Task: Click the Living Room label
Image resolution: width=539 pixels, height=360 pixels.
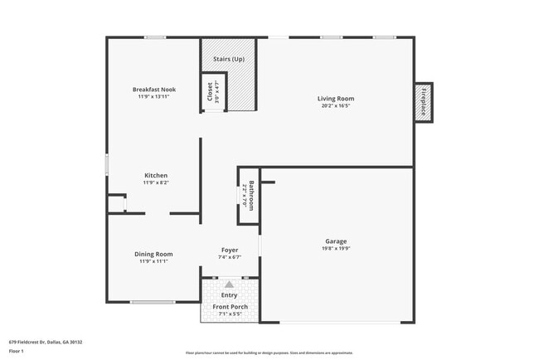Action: pyautogui.click(x=335, y=99)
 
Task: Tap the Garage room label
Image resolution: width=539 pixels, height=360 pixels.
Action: pyautogui.click(x=335, y=241)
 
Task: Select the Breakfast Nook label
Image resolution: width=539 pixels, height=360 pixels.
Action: pyautogui.click(x=154, y=90)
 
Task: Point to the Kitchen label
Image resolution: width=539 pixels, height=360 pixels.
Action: pyautogui.click(x=156, y=175)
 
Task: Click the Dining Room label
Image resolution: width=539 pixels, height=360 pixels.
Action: pyautogui.click(x=153, y=254)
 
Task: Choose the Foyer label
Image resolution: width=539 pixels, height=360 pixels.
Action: pyautogui.click(x=230, y=250)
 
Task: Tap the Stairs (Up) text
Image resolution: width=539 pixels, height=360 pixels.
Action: pyautogui.click(x=229, y=60)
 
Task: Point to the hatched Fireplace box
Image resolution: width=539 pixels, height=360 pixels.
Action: pyautogui.click(x=424, y=102)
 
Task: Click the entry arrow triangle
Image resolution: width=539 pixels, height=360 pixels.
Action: pyautogui.click(x=230, y=284)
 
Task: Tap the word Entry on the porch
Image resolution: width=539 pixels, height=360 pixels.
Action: pyautogui.click(x=230, y=294)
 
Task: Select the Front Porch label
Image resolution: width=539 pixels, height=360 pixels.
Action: pyautogui.click(x=230, y=307)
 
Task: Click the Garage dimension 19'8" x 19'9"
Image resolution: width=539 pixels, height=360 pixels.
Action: pyautogui.click(x=335, y=249)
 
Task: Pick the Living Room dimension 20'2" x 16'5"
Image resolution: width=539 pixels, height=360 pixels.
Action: pyautogui.click(x=335, y=106)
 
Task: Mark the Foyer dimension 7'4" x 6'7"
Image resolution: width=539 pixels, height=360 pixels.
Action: pyautogui.click(x=230, y=257)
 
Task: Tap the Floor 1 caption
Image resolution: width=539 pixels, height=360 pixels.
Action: pyautogui.click(x=17, y=351)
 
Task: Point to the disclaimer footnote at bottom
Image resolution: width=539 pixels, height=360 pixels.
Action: pyautogui.click(x=269, y=353)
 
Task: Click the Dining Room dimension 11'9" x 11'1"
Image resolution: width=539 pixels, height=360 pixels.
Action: pyautogui.click(x=153, y=261)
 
